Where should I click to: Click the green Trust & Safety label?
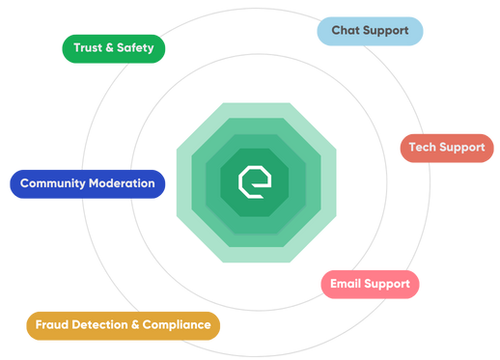pyautogui.click(x=113, y=47)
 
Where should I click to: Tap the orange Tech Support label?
pyautogui.click(x=447, y=148)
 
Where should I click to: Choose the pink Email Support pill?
pyautogui.click(x=370, y=284)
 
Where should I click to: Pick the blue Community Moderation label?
pyautogui.click(x=87, y=183)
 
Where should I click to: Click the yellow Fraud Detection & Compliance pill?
pyautogui.click(x=123, y=325)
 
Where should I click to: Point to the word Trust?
pyautogui.click(x=88, y=47)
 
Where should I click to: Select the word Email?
pyautogui.click(x=347, y=284)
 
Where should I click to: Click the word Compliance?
pyautogui.click(x=176, y=325)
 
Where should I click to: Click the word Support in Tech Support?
pyautogui.click(x=463, y=148)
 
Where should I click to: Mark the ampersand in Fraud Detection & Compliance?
pyautogui.click(x=134, y=325)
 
